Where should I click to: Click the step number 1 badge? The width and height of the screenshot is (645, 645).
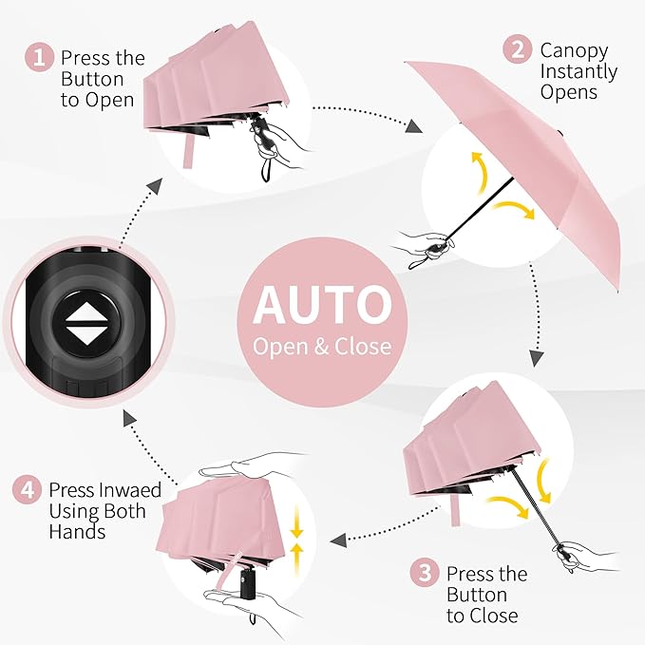(39, 58)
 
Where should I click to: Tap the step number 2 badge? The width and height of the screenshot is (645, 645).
(517, 50)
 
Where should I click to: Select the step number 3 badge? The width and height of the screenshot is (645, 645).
(425, 574)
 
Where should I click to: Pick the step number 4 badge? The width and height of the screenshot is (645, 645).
(28, 490)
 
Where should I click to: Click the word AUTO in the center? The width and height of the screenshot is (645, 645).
(322, 305)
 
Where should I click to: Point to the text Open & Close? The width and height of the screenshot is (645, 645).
(322, 346)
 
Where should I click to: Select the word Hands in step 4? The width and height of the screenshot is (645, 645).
(78, 532)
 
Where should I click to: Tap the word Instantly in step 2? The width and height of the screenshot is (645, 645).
(579, 71)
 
